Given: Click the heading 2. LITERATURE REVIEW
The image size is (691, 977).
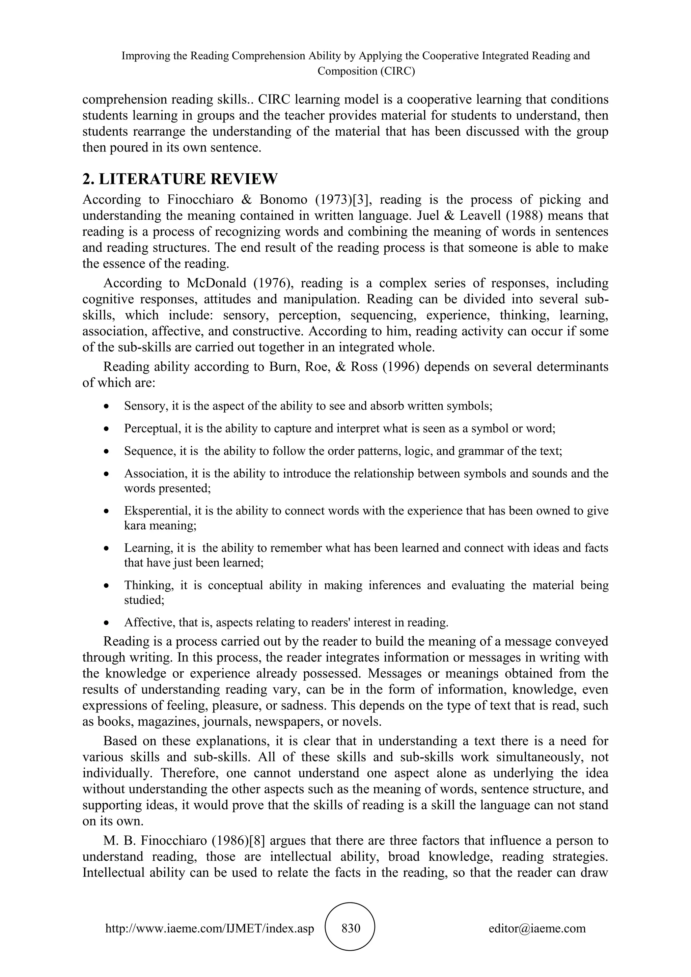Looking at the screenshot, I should coord(179,179).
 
